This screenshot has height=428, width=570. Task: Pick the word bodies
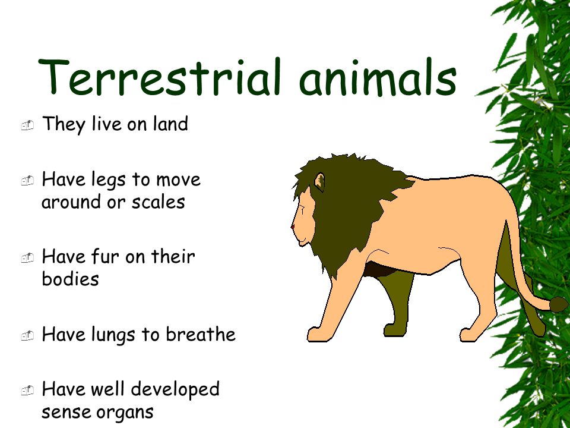(70, 279)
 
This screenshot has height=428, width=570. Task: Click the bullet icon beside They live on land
(27, 125)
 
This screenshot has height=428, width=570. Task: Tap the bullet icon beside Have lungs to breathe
(27, 336)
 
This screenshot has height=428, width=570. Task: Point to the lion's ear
(320, 181)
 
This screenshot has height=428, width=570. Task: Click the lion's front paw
(318, 334)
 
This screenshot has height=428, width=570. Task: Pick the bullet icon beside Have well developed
(27, 391)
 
